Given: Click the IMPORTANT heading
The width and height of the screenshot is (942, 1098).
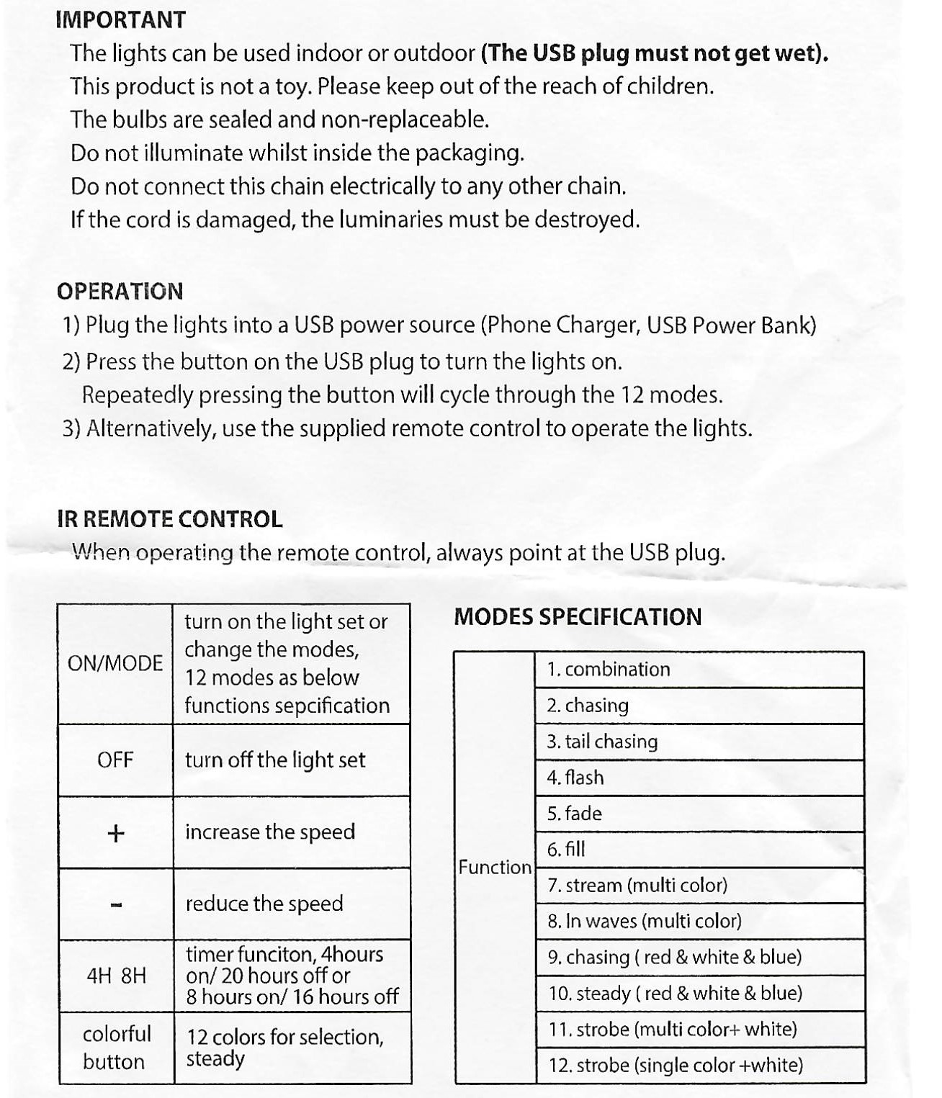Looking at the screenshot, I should pos(120,19).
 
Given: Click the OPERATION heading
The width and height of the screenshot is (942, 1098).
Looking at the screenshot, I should pos(120,291).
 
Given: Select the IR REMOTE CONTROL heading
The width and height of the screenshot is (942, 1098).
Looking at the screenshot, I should pos(169,518).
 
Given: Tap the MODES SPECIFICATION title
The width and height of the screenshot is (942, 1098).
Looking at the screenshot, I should pos(577,616).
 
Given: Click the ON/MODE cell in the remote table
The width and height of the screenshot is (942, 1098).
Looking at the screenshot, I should pos(115,662).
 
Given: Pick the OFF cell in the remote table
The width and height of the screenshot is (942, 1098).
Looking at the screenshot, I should pos(115,760).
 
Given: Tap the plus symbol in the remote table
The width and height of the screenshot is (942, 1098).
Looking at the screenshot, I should pos(115,833).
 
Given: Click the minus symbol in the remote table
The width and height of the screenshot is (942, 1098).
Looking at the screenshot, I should pos(116,904).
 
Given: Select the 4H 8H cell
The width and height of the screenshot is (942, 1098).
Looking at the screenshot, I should pos(116,976).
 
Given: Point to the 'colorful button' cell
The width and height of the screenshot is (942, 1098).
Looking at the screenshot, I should pos(116,1048).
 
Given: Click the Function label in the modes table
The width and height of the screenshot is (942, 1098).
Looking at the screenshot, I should pos(495,867).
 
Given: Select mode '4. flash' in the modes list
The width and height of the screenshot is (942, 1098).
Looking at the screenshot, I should pos(575,778).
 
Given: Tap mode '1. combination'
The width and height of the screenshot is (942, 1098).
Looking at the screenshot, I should pos(609,669).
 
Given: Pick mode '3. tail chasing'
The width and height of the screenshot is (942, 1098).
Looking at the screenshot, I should pos(602,742).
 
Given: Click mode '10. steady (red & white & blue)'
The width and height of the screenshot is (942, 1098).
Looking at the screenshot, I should pos(675,994).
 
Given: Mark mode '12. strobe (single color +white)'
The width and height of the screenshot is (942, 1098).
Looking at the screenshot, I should pos(676,1065).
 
